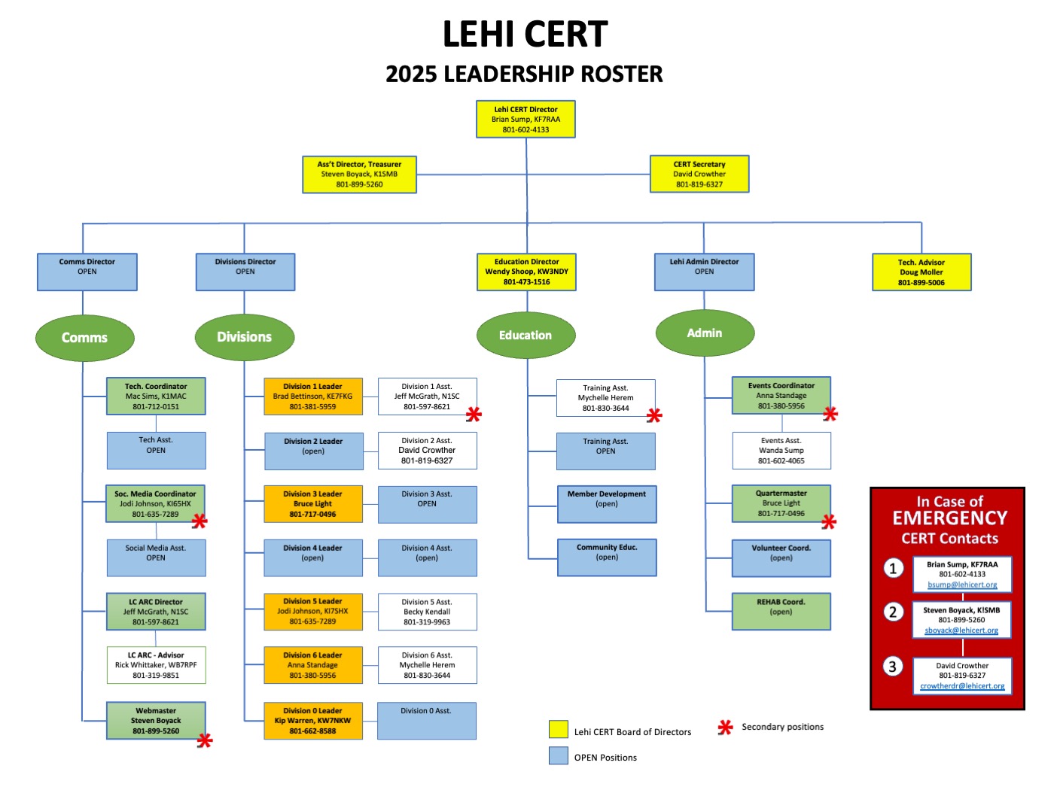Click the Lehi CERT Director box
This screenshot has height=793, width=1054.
coord(525,119)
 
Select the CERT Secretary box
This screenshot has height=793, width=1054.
coord(699,174)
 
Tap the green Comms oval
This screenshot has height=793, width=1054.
coord(85,338)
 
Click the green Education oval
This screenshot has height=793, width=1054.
coord(525,335)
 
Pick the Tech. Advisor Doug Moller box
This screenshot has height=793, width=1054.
coord(921,272)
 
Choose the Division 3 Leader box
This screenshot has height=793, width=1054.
coord(313,504)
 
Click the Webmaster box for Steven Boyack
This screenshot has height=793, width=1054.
coord(156,720)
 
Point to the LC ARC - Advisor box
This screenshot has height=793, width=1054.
coord(156,664)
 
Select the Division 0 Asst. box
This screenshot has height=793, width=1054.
coord(426,721)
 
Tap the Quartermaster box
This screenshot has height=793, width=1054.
coord(781,503)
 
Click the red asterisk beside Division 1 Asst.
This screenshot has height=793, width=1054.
coord(474,414)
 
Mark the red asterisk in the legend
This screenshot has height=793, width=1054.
coord(725,728)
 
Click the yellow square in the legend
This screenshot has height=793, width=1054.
coord(558,729)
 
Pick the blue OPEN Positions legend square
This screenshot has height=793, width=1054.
coord(558,755)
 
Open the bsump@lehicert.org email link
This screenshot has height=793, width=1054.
coord(962,585)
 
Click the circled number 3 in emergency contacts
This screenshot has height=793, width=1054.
coord(892,667)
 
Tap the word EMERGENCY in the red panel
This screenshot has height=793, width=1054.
coord(949,518)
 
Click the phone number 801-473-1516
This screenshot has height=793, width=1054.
coord(526,281)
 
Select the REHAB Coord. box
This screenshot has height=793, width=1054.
coord(781,611)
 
